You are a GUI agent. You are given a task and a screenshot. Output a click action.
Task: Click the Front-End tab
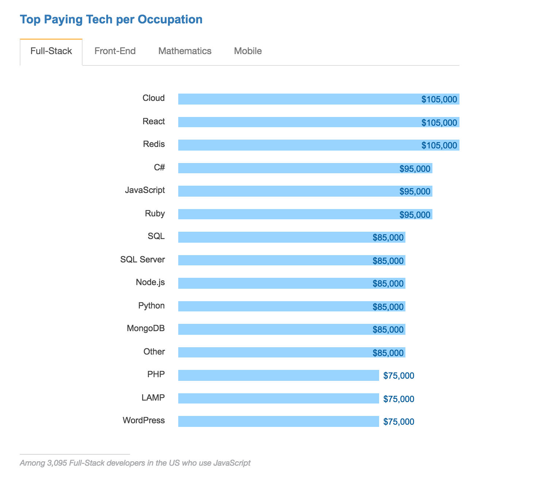point(115,51)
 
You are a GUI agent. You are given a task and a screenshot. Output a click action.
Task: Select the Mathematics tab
point(185,51)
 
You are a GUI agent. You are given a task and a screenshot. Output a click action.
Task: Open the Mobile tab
point(248,51)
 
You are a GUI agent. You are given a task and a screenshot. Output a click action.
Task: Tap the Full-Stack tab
point(51,51)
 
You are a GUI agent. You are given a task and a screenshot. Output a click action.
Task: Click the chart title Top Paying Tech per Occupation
point(111,19)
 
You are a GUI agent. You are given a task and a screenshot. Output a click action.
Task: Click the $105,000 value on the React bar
point(439,122)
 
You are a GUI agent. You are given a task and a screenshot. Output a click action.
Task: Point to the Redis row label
point(154,144)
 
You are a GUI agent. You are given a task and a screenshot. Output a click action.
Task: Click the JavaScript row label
point(145,190)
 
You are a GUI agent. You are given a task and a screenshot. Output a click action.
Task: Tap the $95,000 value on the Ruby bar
point(415,215)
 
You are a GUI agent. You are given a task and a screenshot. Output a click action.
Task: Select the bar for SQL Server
point(274,260)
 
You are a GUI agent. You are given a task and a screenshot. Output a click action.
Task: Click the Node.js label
point(150,283)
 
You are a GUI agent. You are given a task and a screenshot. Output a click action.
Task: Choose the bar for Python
point(274,306)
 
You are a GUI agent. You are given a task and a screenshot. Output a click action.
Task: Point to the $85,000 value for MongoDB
point(388,330)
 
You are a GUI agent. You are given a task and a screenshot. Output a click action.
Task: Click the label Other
point(154,352)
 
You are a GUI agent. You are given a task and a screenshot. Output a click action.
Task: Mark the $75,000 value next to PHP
point(399,376)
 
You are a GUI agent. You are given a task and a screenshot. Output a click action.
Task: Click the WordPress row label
point(144,421)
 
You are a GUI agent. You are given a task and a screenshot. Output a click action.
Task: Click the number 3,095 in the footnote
point(57,463)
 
